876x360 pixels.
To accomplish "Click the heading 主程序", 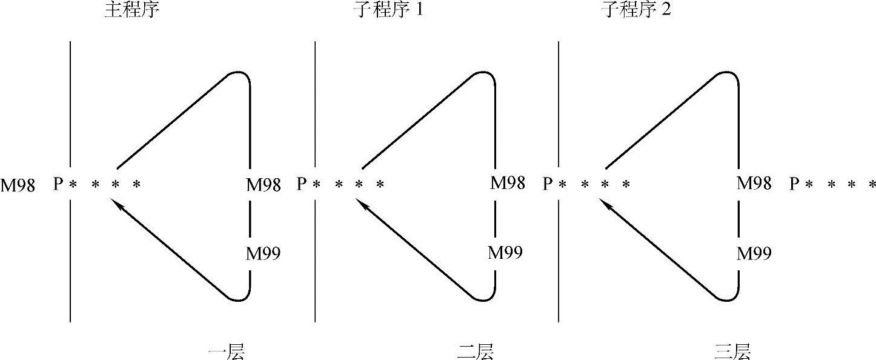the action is tap(131, 11).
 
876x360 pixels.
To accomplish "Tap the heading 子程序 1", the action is tap(388, 11).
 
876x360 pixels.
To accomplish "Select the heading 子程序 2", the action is tap(635, 11).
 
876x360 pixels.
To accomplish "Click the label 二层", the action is tap(475, 352).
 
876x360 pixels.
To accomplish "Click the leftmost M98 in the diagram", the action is tap(18, 185).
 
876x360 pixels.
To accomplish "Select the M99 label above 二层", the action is tap(506, 252).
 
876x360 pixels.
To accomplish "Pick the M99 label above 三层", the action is tap(754, 253).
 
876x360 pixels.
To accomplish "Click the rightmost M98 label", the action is tap(754, 182).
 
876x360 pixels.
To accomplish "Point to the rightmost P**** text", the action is tap(832, 184).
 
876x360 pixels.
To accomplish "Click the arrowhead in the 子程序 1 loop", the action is tap(364, 206).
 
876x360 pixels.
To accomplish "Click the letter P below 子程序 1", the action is tap(301, 184).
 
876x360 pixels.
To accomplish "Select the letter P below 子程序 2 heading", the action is tap(547, 184).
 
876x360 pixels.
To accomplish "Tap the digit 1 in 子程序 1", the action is tap(419, 11).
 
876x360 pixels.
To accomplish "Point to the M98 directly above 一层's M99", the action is tap(263, 185).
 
